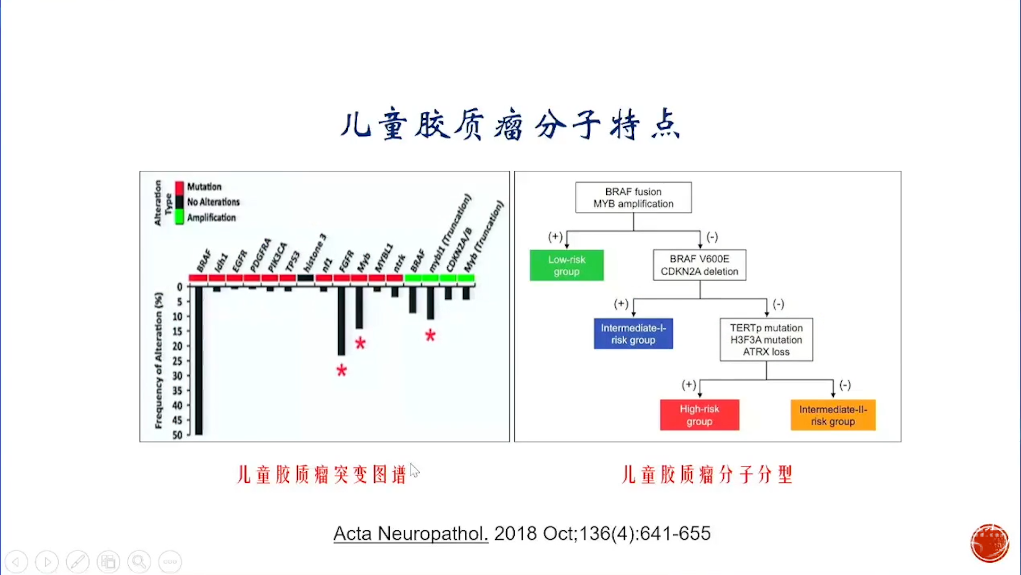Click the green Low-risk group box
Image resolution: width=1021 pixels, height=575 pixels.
pyautogui.click(x=566, y=265)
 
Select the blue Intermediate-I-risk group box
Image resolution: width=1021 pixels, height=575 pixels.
pyautogui.click(x=633, y=334)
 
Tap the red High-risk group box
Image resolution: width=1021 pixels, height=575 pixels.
pyautogui.click(x=699, y=415)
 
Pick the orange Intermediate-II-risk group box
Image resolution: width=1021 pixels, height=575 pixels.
pyautogui.click(x=833, y=415)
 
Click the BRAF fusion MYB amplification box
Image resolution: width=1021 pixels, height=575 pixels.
pyautogui.click(x=633, y=198)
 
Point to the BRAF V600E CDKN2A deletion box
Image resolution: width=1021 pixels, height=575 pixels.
pyautogui.click(x=699, y=265)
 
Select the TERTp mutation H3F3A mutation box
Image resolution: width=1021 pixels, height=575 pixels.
pyautogui.click(x=766, y=340)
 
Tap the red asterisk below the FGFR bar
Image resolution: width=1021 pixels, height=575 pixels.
pyautogui.click(x=341, y=370)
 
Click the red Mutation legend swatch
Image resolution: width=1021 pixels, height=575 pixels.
pyautogui.click(x=180, y=187)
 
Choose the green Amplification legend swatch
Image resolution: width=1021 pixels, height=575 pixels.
pyautogui.click(x=180, y=217)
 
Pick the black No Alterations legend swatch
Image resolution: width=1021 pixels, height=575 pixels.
pyautogui.click(x=180, y=202)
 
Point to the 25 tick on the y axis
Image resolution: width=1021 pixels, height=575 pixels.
pyautogui.click(x=178, y=361)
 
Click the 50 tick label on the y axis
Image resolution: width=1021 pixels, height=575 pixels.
pyautogui.click(x=178, y=435)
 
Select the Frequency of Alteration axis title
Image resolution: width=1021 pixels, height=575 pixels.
pyautogui.click(x=158, y=360)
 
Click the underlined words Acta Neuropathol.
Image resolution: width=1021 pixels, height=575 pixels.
pyautogui.click(x=411, y=533)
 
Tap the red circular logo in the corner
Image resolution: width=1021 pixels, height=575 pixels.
pyautogui.click(x=989, y=543)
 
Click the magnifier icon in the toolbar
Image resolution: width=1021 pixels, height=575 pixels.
pyautogui.click(x=139, y=561)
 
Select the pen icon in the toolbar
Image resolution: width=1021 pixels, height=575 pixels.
pyautogui.click(x=78, y=561)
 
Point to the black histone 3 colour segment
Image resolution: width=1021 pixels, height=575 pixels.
pyautogui.click(x=305, y=278)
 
